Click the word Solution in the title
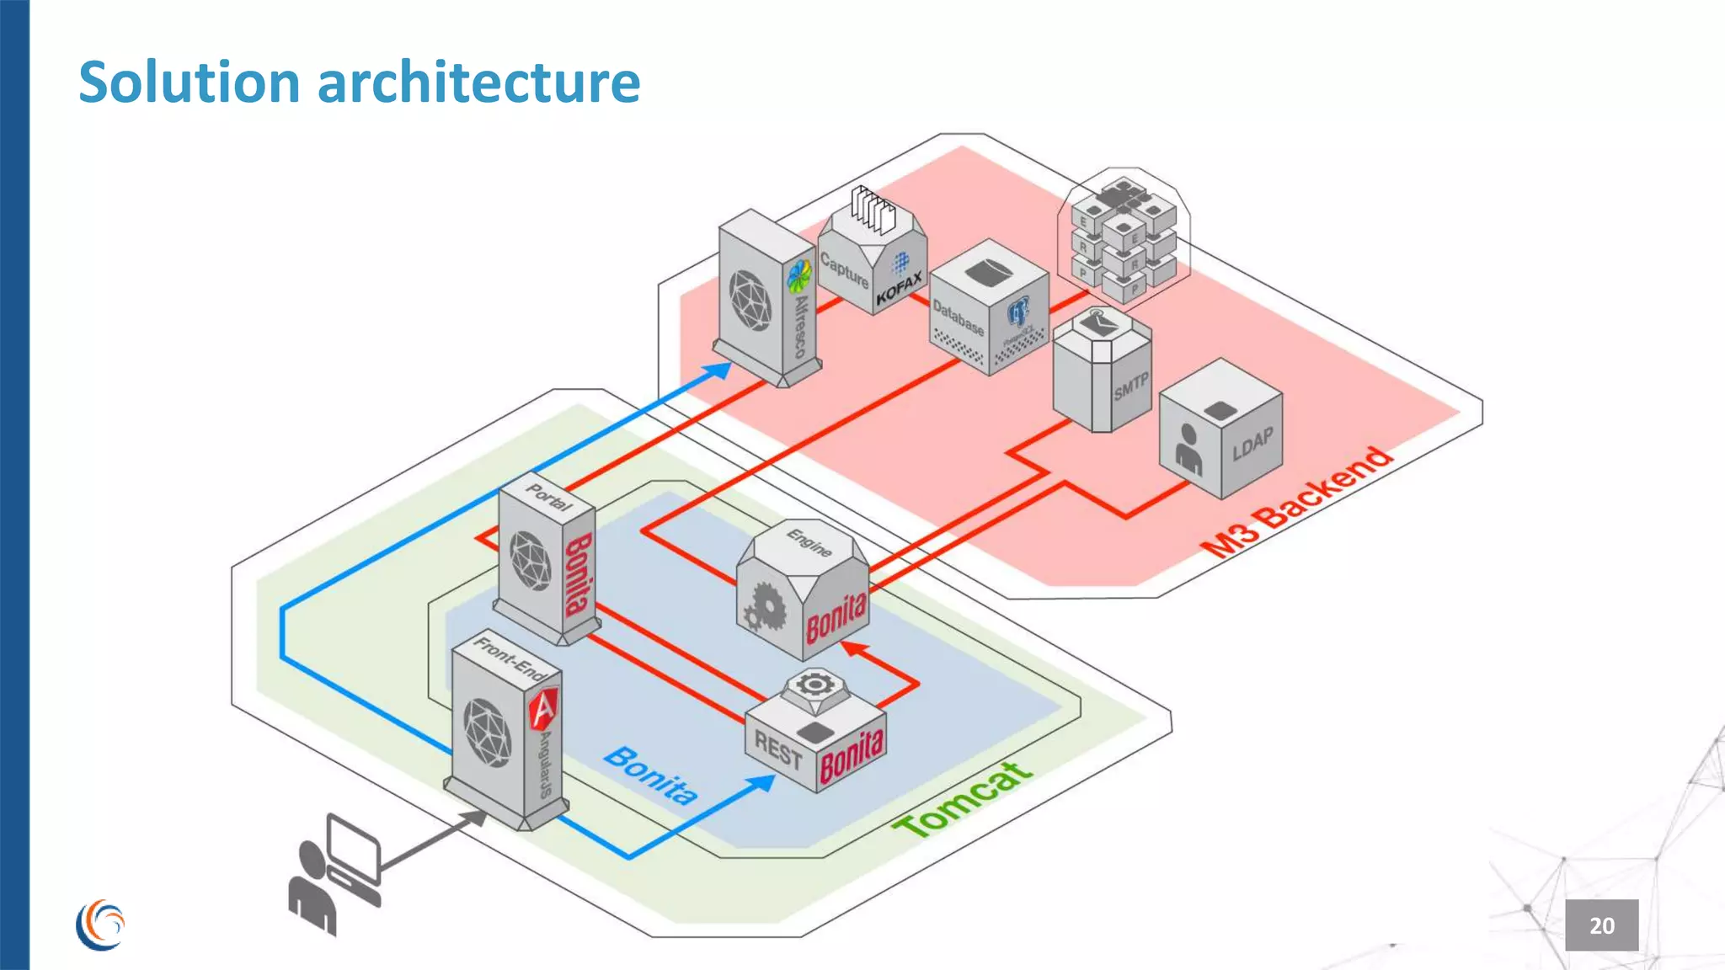(190, 83)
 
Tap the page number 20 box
(1601, 925)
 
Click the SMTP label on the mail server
(1130, 387)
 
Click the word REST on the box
(777, 750)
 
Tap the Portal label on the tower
(548, 498)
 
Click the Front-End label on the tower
(510, 658)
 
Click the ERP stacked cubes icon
(1123, 238)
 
